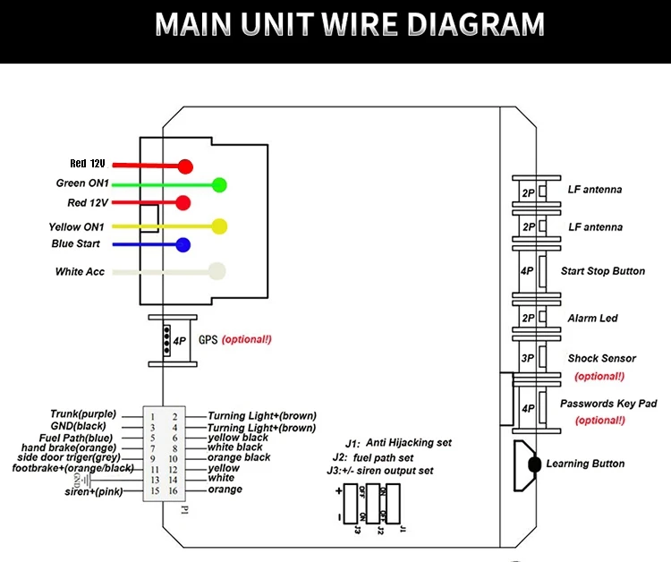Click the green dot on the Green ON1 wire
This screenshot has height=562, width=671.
tap(218, 185)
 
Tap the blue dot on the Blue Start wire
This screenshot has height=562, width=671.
tap(183, 245)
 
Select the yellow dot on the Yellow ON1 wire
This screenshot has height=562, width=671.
tap(218, 226)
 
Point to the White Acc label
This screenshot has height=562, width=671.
tap(81, 272)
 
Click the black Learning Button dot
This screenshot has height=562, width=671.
tap(534, 464)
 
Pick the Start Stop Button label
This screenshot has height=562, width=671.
tap(602, 271)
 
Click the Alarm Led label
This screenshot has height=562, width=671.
tap(592, 319)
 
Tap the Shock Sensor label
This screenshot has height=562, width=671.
tap(601, 359)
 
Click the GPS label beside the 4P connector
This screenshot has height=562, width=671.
tap(208, 340)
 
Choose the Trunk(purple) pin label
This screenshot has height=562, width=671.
tap(83, 414)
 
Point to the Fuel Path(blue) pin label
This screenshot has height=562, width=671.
tap(81, 438)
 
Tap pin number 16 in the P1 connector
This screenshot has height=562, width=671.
tap(174, 490)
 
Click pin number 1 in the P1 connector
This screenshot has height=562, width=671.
tap(153, 417)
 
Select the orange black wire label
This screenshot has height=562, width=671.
tap(239, 457)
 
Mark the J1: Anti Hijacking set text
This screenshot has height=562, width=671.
tap(398, 443)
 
